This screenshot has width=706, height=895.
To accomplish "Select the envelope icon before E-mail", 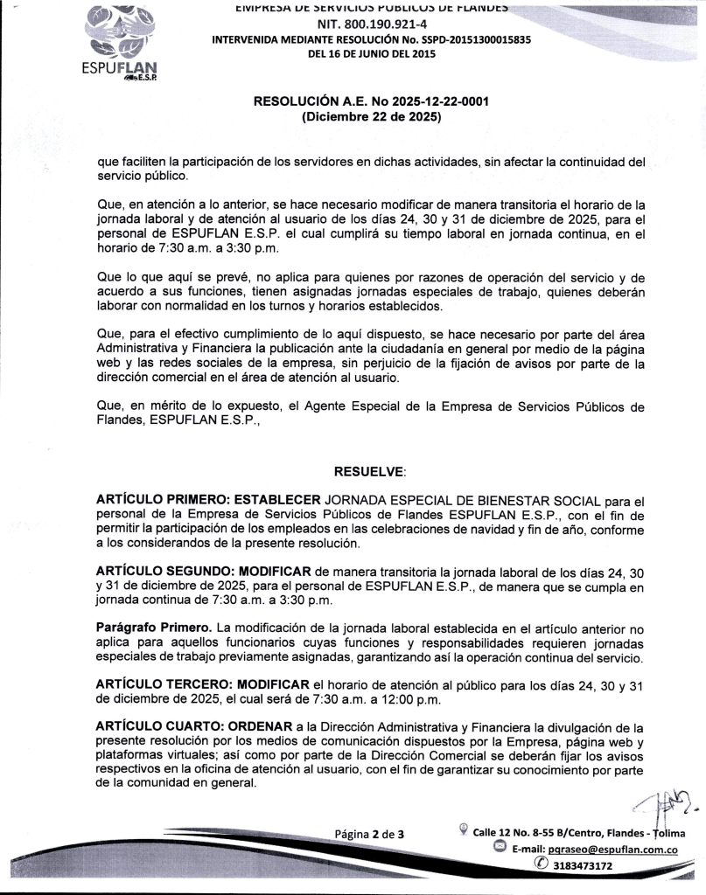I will click(500, 848).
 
